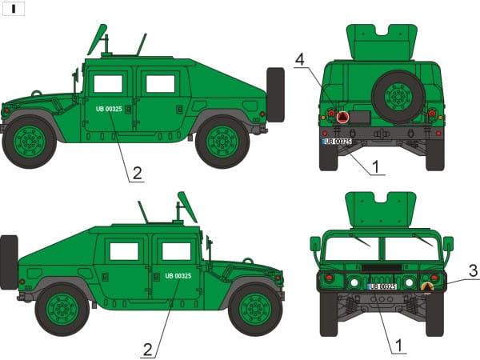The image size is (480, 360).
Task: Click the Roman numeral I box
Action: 14,9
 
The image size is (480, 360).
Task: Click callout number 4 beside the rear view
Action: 300,59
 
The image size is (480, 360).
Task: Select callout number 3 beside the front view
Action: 474,271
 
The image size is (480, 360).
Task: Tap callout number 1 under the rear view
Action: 376,167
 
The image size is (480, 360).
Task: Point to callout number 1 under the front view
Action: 399,346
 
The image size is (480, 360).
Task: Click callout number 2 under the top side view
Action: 137,174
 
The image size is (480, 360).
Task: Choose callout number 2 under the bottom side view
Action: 147,350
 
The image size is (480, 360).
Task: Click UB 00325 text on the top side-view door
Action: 109,109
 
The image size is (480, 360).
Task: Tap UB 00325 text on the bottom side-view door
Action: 178,276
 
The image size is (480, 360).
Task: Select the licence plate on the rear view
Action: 337,142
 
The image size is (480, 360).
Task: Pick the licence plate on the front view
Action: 382,286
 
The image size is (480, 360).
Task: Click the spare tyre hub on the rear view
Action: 398,97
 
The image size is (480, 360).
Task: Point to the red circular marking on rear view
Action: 343,117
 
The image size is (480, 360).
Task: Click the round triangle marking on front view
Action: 427,287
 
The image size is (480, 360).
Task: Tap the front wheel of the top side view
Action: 30,142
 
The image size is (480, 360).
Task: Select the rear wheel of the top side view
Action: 222,142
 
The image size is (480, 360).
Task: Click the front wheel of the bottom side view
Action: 255,309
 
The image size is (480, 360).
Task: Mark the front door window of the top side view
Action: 108,84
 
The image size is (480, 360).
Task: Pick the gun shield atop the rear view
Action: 382,42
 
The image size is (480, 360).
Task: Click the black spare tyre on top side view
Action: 275,95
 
